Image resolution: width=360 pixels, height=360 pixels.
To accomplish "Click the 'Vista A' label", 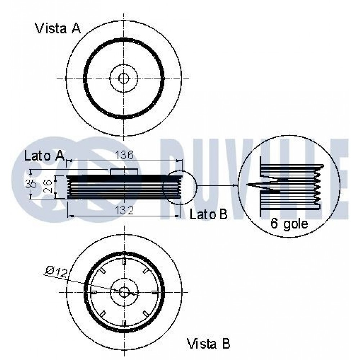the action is pyautogui.click(x=58, y=28).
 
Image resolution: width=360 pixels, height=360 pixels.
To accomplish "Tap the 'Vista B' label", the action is pyautogui.click(x=208, y=344).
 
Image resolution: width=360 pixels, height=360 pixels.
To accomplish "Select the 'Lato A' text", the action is pyautogui.click(x=44, y=156).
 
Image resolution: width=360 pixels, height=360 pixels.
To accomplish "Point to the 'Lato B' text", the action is pyautogui.click(x=208, y=215).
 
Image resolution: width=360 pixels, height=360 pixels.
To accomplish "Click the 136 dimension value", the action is pyautogui.click(x=124, y=155).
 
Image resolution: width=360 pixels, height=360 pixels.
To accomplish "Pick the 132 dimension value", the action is pyautogui.click(x=124, y=210).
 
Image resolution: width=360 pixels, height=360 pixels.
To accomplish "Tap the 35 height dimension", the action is pyautogui.click(x=31, y=184).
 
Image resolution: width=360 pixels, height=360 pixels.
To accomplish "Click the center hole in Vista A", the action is pyautogui.click(x=124, y=78).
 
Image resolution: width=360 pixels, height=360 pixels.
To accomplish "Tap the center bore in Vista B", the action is pyautogui.click(x=124, y=292).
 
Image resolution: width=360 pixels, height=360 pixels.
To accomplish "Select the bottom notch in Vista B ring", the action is pyautogui.click(x=124, y=323).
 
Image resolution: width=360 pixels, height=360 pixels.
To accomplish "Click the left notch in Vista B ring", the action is pyautogui.click(x=93, y=292).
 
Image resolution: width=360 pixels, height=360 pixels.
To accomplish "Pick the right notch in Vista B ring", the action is pyautogui.click(x=155, y=292).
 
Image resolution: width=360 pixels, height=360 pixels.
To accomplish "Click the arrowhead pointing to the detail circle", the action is pyautogui.click(x=236, y=185).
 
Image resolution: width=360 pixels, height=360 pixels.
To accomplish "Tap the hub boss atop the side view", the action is pyautogui.click(x=124, y=172).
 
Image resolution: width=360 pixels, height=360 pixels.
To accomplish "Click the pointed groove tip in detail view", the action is pyautogui.click(x=248, y=185).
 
